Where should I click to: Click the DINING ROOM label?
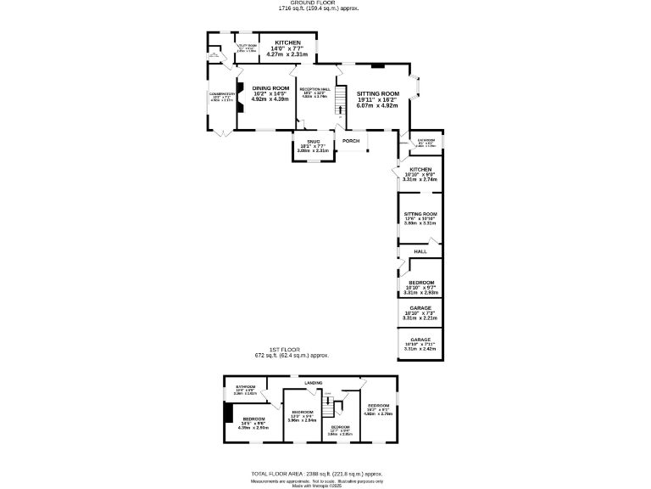click(x=270, y=89)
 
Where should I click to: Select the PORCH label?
click(x=351, y=141)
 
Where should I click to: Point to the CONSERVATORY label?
click(x=222, y=94)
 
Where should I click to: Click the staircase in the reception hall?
click(x=342, y=103)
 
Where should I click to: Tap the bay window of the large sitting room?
click(x=415, y=87)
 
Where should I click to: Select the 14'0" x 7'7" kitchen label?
click(x=287, y=42)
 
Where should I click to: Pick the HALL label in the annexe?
click(x=420, y=252)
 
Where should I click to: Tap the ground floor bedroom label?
click(x=420, y=283)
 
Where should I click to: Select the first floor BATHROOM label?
click(x=245, y=387)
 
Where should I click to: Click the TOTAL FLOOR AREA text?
click(x=317, y=474)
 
